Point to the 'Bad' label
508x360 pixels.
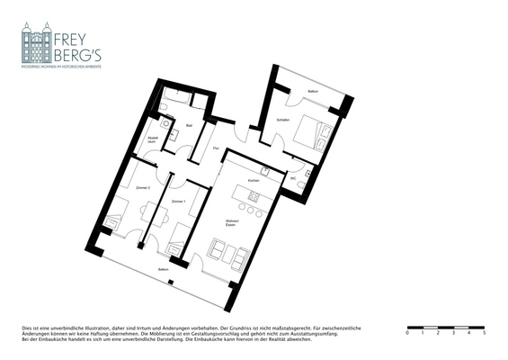[190, 124]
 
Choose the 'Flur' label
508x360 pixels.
[216, 148]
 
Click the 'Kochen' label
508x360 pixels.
[254, 181]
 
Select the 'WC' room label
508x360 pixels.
[293, 178]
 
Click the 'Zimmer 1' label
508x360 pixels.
[179, 201]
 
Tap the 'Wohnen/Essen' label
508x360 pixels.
[231, 222]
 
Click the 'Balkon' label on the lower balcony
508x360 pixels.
[163, 269]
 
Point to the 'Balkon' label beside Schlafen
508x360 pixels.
[313, 92]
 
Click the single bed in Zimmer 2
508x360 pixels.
[115, 221]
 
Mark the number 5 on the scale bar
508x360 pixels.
[484, 333]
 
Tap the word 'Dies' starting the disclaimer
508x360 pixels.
[26, 326]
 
